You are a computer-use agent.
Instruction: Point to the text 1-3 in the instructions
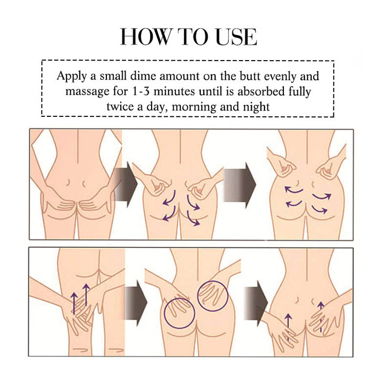pos(150,91)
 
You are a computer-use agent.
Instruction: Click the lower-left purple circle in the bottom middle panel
pos(179,313)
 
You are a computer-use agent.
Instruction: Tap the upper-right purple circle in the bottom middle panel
pos(212,295)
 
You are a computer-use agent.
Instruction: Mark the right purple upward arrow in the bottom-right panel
pos(321,313)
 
